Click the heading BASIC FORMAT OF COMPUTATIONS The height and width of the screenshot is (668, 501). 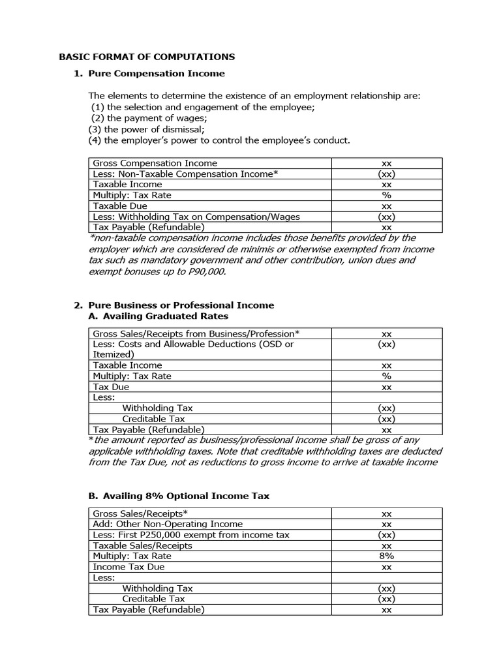147,57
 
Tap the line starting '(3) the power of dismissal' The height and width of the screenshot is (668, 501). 137,129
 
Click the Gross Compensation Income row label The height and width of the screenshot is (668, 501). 155,163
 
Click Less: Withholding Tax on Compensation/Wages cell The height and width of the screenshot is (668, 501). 196,217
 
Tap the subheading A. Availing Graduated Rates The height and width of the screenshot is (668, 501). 158,316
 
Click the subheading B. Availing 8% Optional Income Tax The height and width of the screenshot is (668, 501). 178,496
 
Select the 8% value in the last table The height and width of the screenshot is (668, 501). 386,556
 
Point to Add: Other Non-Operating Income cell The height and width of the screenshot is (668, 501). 168,524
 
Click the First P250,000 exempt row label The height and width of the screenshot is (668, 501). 191,535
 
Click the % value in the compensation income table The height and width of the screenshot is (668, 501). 386,195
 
